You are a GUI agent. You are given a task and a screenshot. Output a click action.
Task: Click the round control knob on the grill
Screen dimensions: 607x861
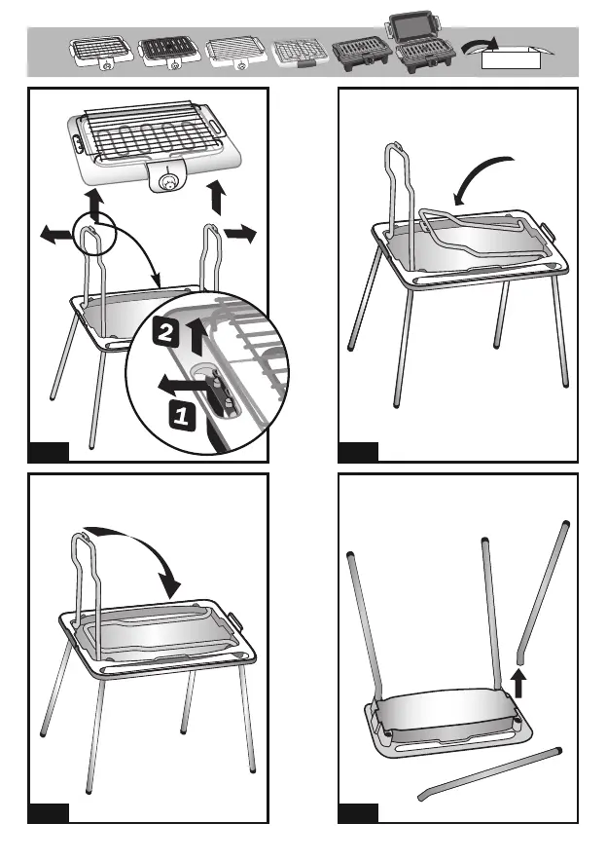pyautogui.click(x=168, y=183)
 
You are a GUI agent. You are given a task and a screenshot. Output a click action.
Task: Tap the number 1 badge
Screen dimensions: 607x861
pyautogui.click(x=181, y=415)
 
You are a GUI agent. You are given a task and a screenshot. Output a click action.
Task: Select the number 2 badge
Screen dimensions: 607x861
pyautogui.click(x=164, y=331)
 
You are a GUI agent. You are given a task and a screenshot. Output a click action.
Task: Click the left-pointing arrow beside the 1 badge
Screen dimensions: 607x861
pyautogui.click(x=181, y=386)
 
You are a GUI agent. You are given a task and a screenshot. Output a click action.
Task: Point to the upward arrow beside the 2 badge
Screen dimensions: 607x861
pyautogui.click(x=196, y=337)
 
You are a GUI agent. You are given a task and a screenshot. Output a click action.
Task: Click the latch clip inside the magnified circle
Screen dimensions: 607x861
pyautogui.click(x=223, y=391)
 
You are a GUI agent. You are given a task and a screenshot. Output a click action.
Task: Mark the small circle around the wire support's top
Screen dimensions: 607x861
pyautogui.click(x=94, y=236)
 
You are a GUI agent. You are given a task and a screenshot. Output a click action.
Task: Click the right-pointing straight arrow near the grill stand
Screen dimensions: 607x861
pyautogui.click(x=240, y=233)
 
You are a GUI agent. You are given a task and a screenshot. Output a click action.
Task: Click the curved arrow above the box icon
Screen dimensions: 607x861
pyautogui.click(x=480, y=46)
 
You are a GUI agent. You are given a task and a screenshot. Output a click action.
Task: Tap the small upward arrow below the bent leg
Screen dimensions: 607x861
pyautogui.click(x=518, y=684)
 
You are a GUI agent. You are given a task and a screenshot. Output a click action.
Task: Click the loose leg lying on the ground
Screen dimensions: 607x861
pyautogui.click(x=489, y=773)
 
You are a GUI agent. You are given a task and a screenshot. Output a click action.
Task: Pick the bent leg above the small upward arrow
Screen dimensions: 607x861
pyautogui.click(x=543, y=592)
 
